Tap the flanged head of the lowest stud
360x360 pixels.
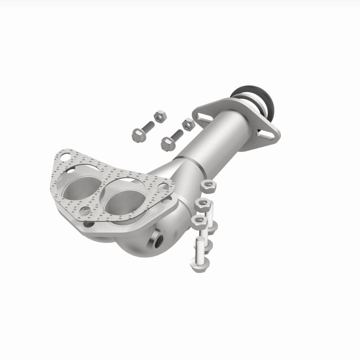197,265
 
